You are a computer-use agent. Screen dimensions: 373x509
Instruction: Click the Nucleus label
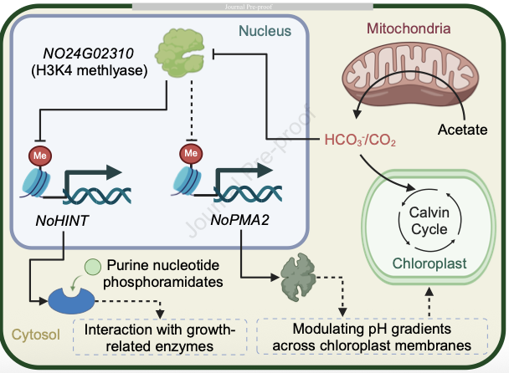(265, 31)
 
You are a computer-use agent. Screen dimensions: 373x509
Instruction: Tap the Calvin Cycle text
(428, 221)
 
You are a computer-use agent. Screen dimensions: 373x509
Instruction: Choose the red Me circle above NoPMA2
(191, 154)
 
